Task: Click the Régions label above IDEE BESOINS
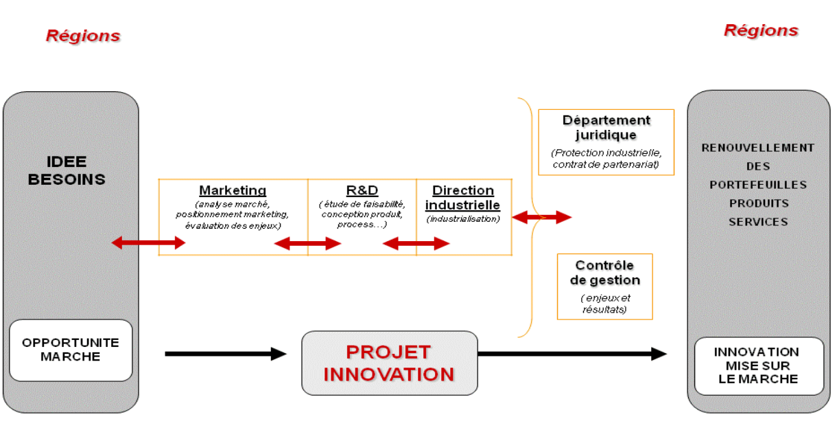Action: point(83,36)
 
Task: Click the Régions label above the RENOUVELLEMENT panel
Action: point(761,30)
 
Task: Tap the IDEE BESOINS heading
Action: point(76,170)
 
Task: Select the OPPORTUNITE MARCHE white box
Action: point(71,350)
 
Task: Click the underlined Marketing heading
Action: point(233,190)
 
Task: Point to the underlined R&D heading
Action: point(362,190)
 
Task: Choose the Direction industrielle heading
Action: point(463,198)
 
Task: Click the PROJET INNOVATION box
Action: point(389,363)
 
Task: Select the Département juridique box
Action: point(606,142)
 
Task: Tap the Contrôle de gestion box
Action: point(604,286)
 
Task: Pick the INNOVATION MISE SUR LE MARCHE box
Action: point(759,365)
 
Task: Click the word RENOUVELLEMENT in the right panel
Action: point(757,148)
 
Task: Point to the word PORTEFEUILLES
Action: point(757,185)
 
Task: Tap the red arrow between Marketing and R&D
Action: point(307,243)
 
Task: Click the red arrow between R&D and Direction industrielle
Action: point(416,243)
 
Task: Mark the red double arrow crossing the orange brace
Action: point(541,218)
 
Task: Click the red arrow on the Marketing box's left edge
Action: point(148,242)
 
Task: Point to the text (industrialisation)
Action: point(463,219)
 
